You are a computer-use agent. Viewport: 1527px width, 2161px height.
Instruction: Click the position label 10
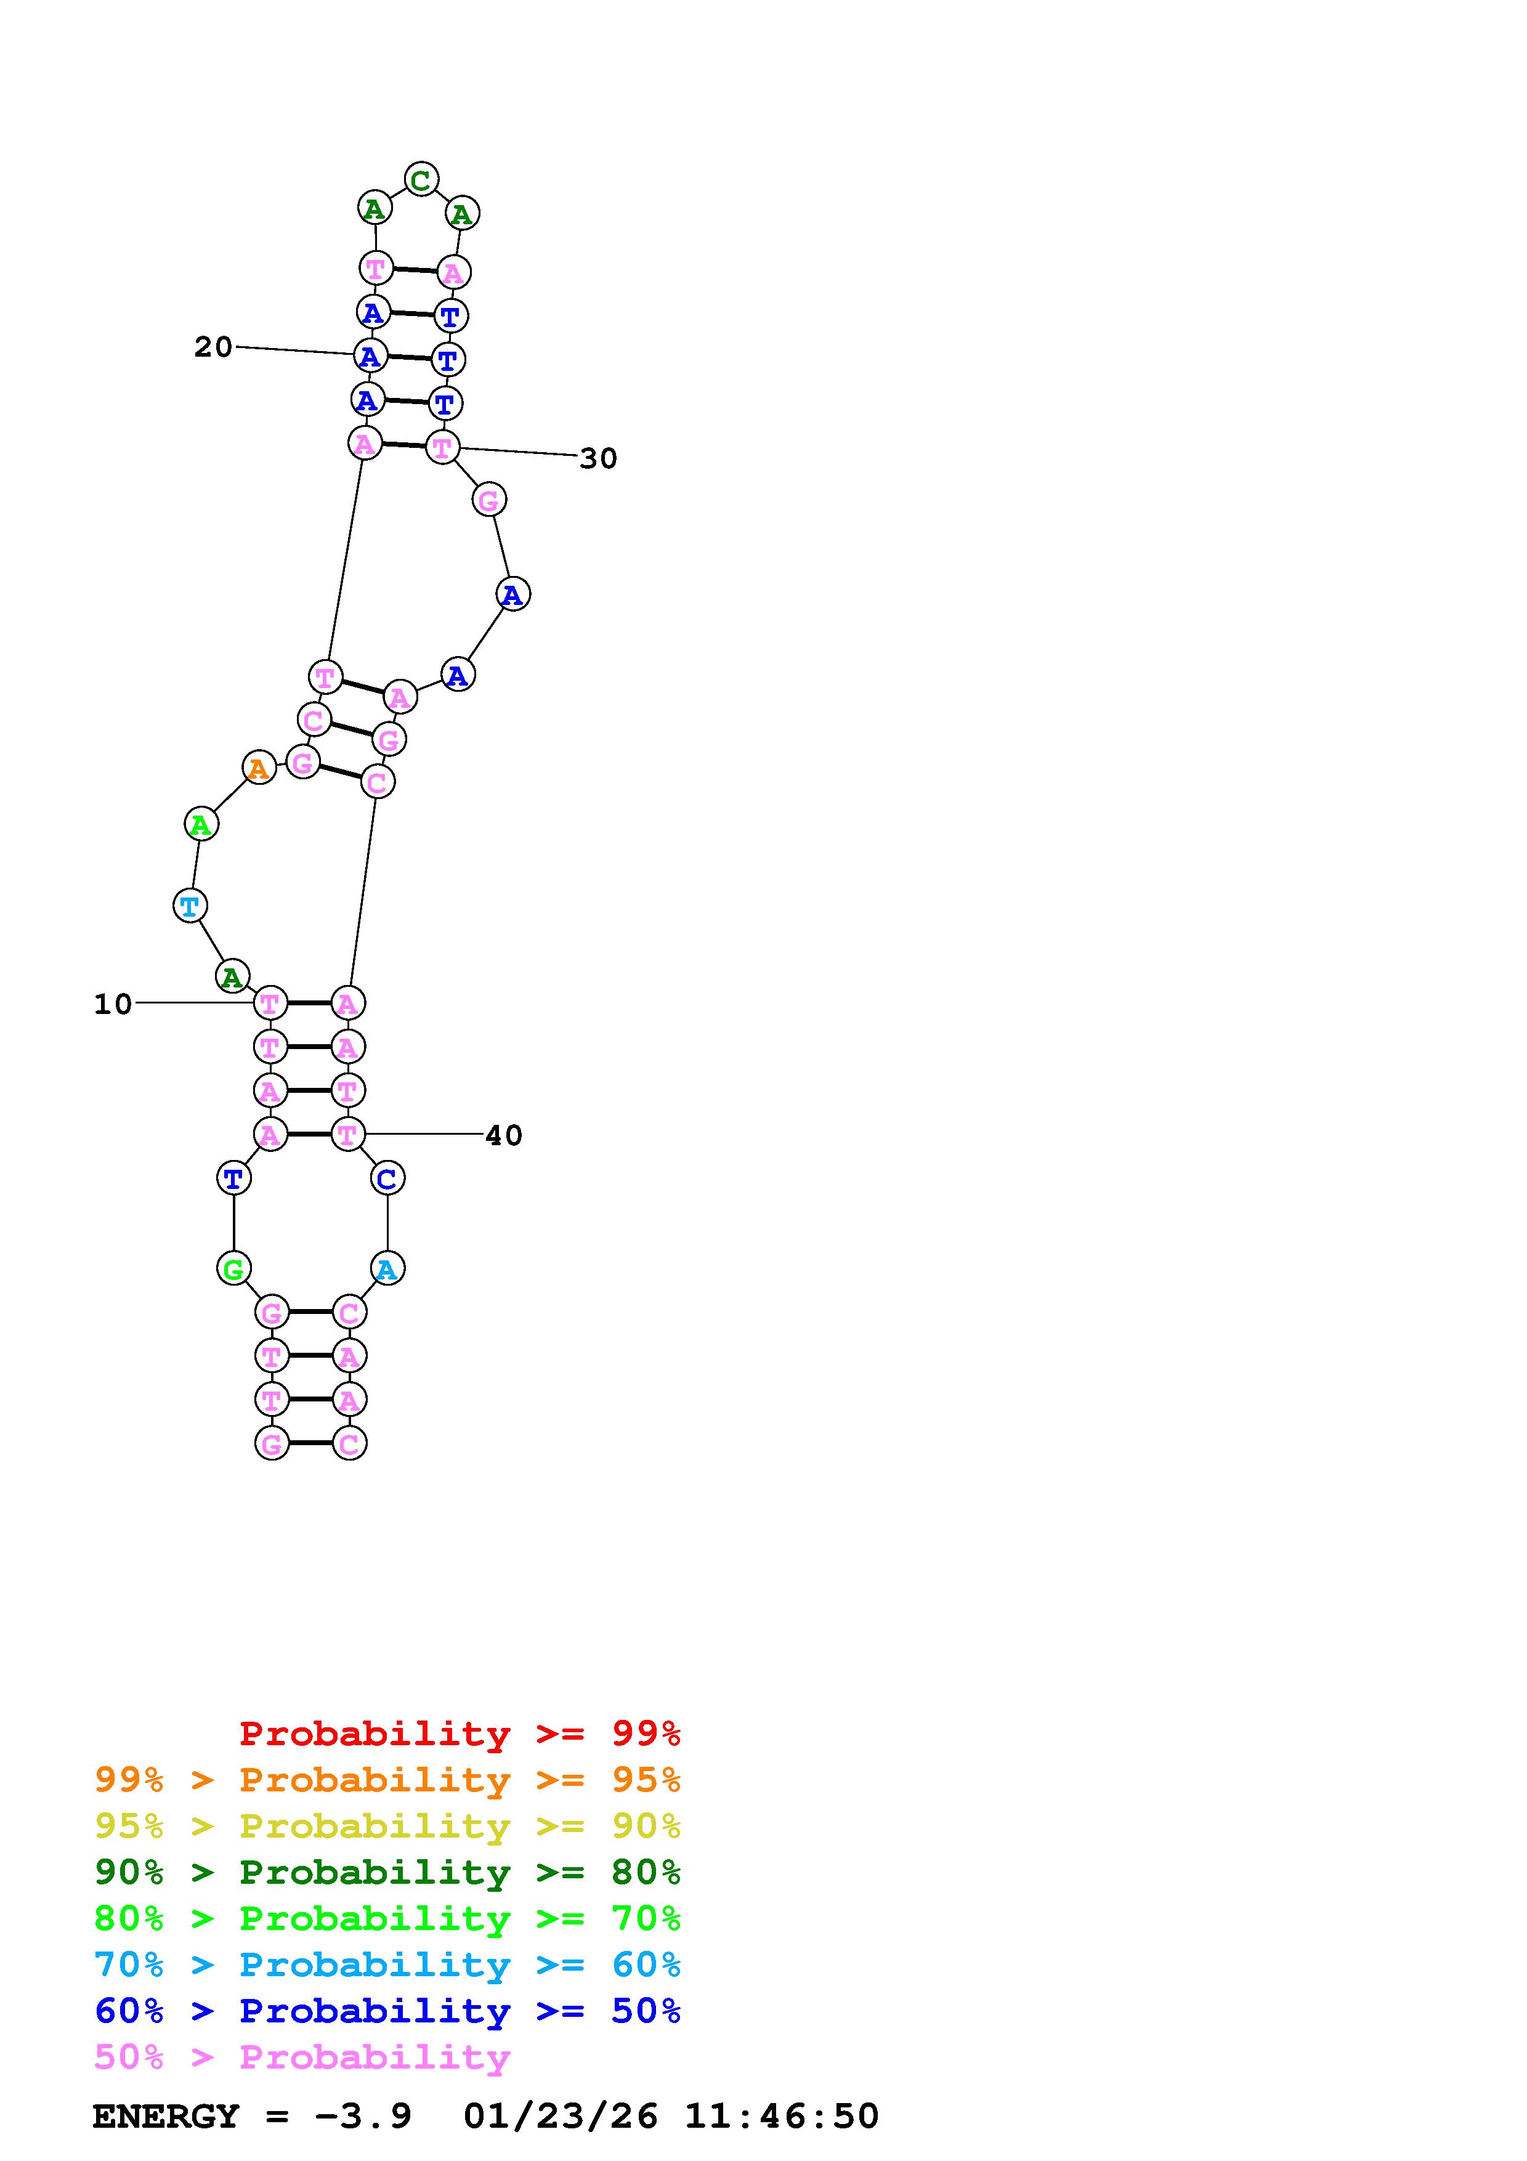click(113, 1004)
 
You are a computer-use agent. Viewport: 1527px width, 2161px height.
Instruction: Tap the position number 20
click(214, 347)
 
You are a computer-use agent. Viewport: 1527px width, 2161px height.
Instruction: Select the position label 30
click(598, 458)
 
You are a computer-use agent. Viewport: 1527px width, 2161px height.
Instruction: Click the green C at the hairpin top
click(421, 179)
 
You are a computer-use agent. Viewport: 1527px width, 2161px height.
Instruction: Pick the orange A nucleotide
click(259, 768)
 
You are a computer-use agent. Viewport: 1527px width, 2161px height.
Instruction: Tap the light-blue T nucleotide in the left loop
click(190, 906)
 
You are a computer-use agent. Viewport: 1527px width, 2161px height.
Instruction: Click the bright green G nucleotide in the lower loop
click(233, 1269)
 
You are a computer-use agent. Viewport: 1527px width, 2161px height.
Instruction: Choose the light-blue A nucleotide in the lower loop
click(387, 1269)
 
